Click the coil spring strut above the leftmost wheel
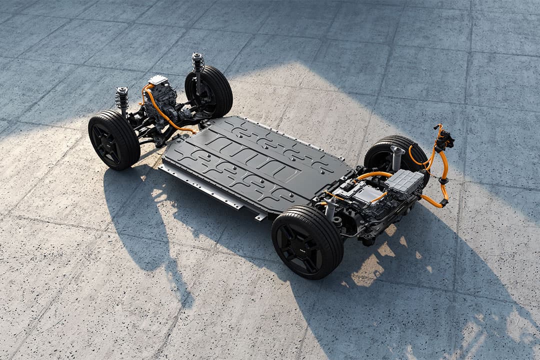(x=122, y=100)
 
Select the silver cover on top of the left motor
(x=158, y=80)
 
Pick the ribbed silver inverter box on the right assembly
(x=404, y=181)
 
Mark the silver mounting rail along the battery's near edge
(x=210, y=192)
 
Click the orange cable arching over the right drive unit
(x=372, y=175)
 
